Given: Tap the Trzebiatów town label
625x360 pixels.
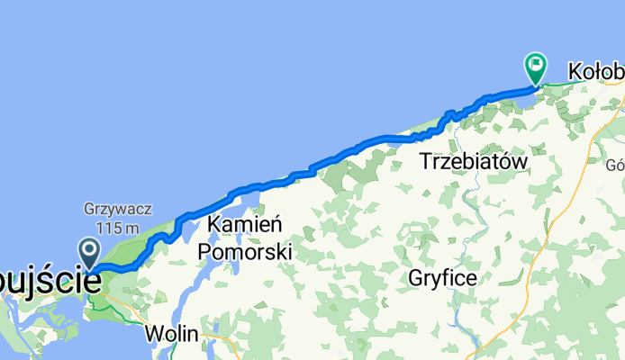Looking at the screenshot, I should click(x=473, y=162).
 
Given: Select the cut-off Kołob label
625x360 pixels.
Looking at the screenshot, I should click(x=595, y=70).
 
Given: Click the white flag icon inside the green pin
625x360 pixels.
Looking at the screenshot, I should click(x=536, y=63).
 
